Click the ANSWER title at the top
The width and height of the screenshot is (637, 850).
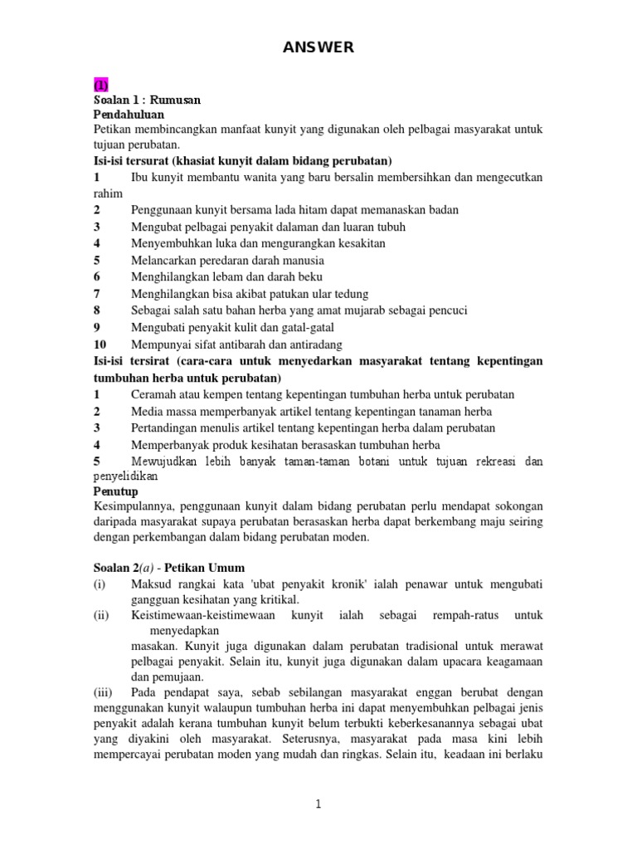318,48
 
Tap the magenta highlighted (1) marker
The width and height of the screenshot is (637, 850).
100,85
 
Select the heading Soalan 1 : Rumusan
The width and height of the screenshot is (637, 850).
147,100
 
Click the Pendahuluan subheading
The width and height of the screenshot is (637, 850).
129,114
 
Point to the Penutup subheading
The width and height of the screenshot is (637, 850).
115,491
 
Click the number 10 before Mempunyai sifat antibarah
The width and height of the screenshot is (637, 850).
100,344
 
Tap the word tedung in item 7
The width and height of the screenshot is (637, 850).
350,293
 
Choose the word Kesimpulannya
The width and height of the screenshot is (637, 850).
134,506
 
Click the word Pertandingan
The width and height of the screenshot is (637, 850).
169,427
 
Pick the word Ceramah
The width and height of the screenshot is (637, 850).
155,394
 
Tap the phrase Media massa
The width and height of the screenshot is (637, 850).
165,411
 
